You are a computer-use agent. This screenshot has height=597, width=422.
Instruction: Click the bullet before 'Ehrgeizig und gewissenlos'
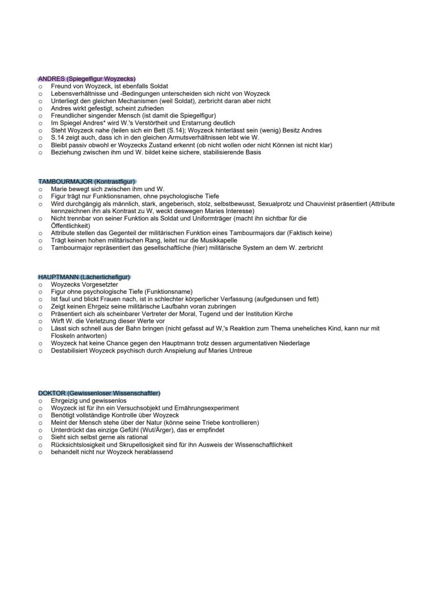40,401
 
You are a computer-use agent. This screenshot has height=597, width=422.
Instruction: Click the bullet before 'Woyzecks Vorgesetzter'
40,284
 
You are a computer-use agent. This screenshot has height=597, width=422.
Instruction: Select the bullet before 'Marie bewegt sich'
40,189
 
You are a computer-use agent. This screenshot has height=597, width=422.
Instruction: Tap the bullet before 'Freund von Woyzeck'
40,87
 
